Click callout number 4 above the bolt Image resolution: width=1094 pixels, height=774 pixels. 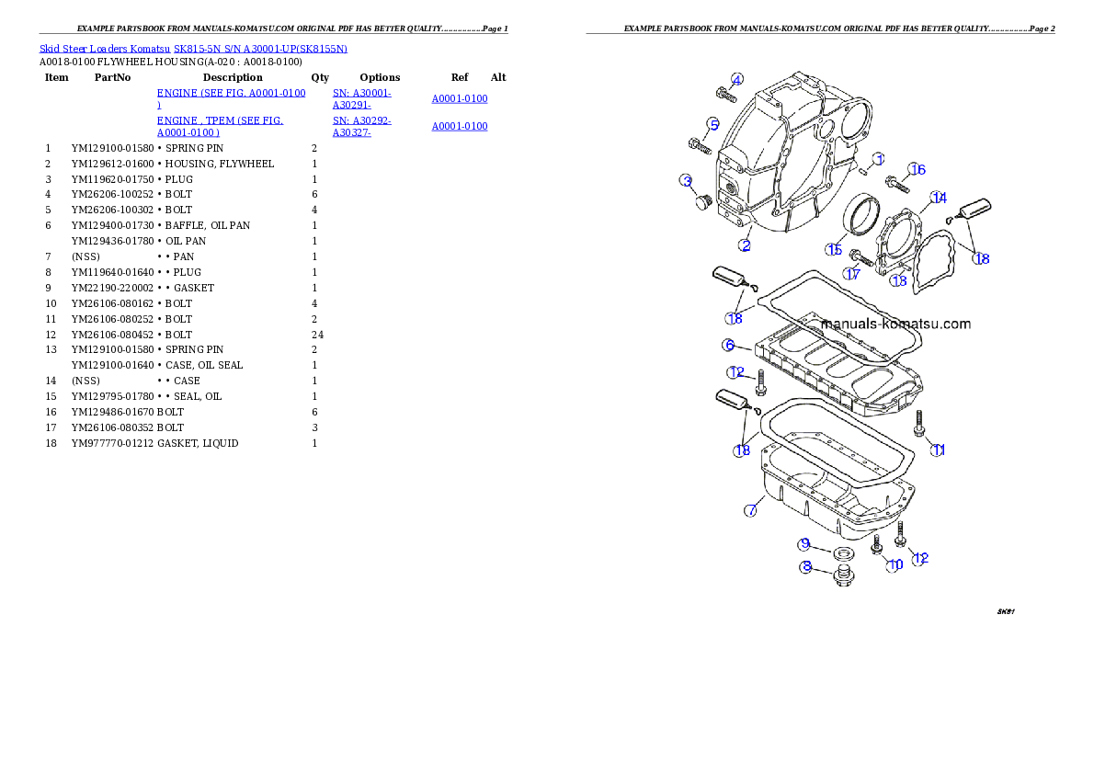click(737, 78)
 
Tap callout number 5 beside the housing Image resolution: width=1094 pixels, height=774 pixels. click(712, 124)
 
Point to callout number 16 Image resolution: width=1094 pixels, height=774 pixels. click(917, 169)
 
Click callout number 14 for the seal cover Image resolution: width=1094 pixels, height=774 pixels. click(938, 199)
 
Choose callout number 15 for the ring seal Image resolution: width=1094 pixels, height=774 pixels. click(834, 249)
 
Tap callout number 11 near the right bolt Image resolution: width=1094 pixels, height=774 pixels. click(939, 450)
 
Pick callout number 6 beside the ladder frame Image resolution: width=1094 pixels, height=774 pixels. click(729, 346)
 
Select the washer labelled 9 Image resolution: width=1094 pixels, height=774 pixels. click(839, 554)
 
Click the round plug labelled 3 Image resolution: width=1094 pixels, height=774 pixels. click(702, 201)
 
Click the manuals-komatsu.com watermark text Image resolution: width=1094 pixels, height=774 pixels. click(895, 324)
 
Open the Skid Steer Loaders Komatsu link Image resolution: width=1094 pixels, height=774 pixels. click(193, 48)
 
